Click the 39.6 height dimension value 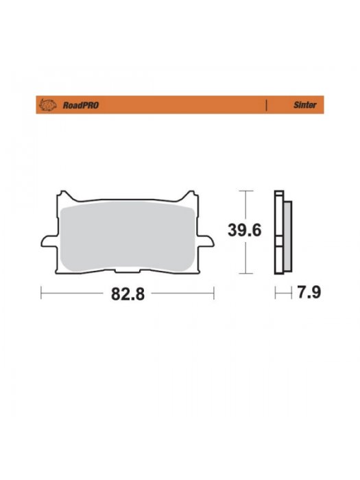[x=245, y=230]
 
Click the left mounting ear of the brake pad [x=47, y=241]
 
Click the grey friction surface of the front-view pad [x=128, y=233]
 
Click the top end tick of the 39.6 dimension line [x=245, y=190]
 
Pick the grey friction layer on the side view [x=287, y=231]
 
